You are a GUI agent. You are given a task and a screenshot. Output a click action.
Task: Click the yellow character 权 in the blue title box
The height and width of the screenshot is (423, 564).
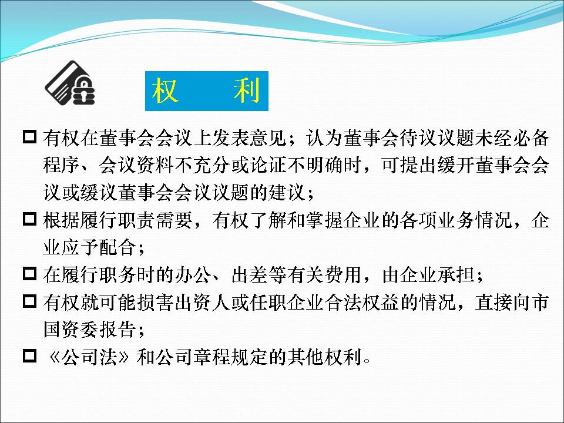point(164,90)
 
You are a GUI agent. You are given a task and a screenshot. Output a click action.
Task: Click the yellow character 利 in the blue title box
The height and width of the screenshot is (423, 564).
point(247,90)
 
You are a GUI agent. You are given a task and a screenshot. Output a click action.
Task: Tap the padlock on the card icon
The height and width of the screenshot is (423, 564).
point(84,90)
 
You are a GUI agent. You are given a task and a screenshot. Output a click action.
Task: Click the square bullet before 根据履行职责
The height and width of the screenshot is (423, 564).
point(29,219)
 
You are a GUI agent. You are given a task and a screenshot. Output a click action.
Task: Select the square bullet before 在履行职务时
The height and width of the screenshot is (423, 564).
point(29,273)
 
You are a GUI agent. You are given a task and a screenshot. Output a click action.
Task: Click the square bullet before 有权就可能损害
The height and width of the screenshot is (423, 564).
point(29,301)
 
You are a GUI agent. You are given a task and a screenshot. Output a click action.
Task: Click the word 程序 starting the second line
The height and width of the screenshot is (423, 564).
point(62,166)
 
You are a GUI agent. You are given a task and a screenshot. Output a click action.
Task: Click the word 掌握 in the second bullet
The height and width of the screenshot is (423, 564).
point(324,220)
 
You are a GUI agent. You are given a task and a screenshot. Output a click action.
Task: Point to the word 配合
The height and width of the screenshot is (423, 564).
point(118,248)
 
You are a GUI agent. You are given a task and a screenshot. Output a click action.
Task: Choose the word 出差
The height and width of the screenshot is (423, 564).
point(250,275)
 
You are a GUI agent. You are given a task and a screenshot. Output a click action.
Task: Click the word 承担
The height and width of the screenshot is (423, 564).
point(456,275)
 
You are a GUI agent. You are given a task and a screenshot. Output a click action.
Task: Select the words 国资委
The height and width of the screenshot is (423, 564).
point(71,330)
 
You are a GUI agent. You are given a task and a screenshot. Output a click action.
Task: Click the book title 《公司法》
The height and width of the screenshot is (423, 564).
point(89,357)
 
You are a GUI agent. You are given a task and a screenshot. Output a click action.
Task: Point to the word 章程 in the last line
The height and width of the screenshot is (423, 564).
point(212,357)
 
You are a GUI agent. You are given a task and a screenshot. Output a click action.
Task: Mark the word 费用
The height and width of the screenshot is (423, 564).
point(343,275)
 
